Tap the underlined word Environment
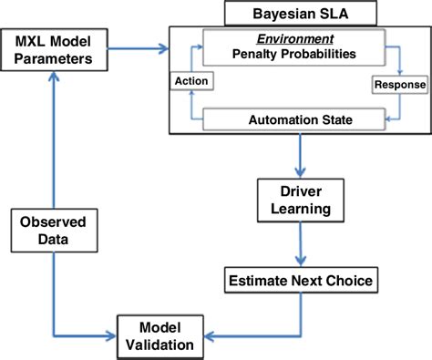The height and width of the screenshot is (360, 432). click(293, 40)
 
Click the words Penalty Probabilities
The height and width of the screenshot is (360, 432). click(293, 55)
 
